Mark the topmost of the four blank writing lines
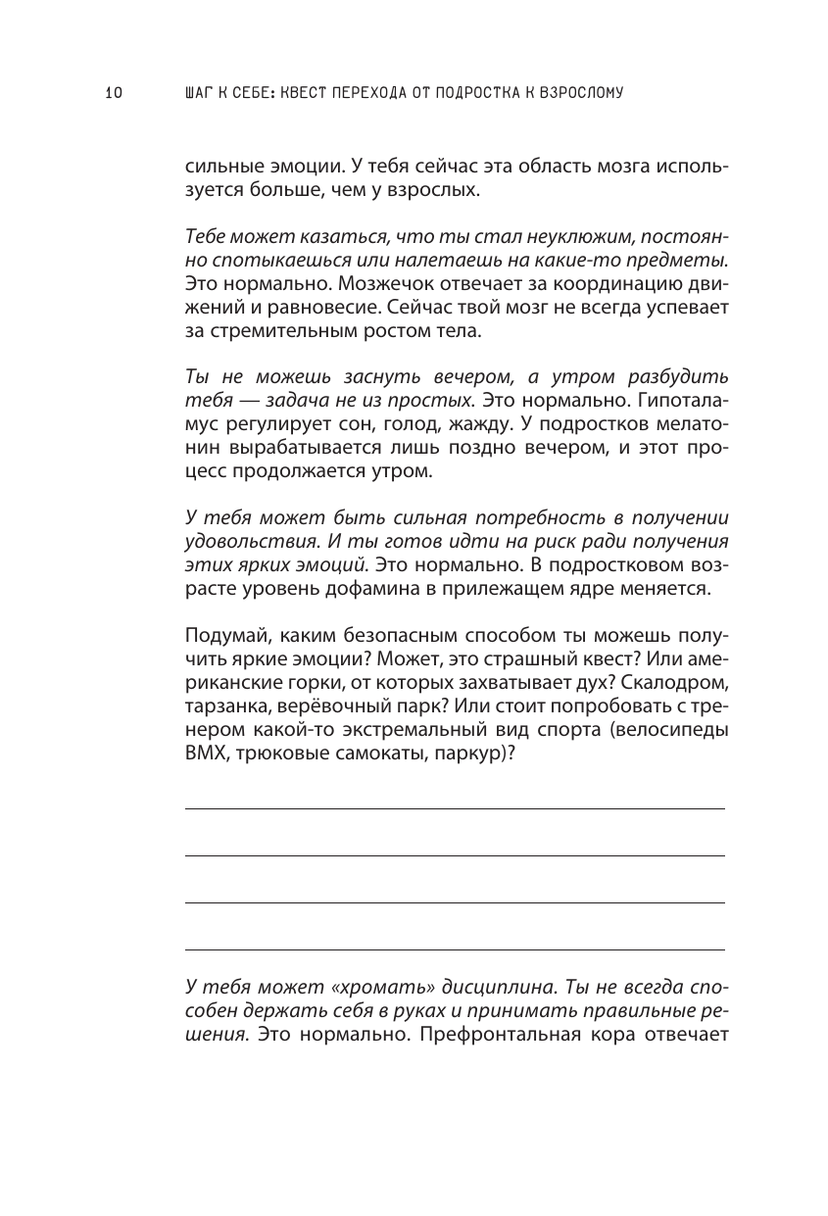click(455, 808)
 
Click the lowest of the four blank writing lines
click(455, 949)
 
